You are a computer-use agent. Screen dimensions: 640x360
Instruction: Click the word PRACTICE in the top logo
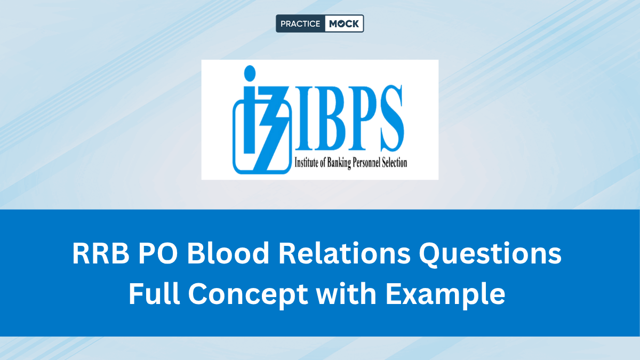300,23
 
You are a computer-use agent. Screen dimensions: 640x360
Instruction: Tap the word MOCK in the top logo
343,23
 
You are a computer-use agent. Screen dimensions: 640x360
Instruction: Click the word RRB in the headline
101,253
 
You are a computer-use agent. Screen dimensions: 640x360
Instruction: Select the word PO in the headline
158,253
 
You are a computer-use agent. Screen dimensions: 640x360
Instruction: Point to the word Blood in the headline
228,253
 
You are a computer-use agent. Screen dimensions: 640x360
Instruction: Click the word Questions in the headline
490,254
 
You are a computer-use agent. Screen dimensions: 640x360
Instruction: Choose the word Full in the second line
154,293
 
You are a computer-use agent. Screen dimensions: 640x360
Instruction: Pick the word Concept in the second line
247,295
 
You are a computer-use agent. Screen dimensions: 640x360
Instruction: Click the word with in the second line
346,293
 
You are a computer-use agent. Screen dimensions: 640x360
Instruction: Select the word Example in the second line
445,295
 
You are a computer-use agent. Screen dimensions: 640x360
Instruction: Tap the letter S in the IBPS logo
391,118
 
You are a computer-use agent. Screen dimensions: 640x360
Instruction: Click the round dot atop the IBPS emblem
250,73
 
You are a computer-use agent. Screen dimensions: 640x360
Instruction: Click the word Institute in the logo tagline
306,163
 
